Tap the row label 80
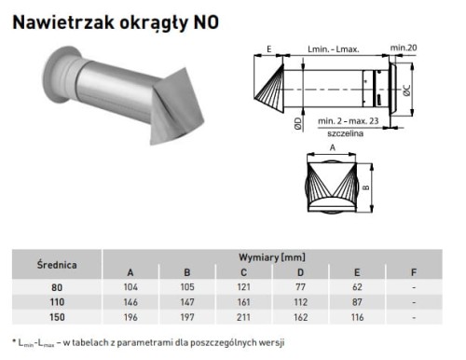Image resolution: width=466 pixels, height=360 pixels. click(x=57, y=287)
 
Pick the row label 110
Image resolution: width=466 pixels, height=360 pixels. click(x=57, y=303)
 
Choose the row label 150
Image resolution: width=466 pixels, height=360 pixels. click(x=57, y=319)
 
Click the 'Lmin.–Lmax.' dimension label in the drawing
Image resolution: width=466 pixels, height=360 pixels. click(x=333, y=47)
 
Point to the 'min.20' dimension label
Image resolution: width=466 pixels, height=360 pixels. click(x=403, y=47)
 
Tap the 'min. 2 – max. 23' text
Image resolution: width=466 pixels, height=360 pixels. click(x=347, y=122)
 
